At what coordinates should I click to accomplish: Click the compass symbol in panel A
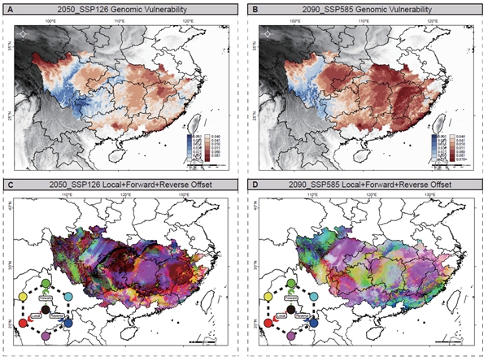25,33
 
